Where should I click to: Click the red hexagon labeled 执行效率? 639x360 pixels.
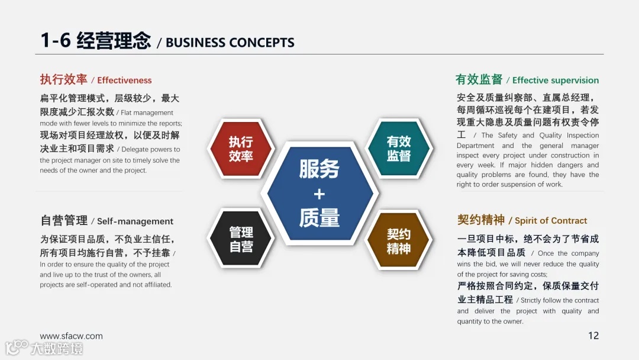pyautogui.click(x=241, y=149)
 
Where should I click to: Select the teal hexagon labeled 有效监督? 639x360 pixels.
pyautogui.click(x=398, y=149)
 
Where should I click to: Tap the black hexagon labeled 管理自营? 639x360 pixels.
pyautogui.click(x=241, y=239)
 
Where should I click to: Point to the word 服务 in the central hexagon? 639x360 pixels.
pyautogui.click(x=319, y=169)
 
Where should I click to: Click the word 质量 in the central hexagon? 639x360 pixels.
pyautogui.click(x=319, y=218)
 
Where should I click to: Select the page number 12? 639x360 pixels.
pyautogui.click(x=593, y=336)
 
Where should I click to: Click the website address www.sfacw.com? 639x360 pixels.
pyautogui.click(x=71, y=336)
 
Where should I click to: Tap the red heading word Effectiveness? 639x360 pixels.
pyautogui.click(x=124, y=81)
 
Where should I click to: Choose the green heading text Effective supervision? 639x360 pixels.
pyautogui.click(x=556, y=81)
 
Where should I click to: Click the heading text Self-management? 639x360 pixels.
pyautogui.click(x=135, y=221)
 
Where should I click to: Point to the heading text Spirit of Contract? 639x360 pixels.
pyautogui.click(x=551, y=221)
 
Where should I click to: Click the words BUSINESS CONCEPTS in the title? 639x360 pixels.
pyautogui.click(x=230, y=43)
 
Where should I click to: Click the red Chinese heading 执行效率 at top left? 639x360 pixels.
pyautogui.click(x=63, y=79)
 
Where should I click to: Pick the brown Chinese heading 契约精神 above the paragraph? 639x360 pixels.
pyautogui.click(x=480, y=220)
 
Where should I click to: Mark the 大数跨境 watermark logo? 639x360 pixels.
pyautogui.click(x=44, y=348)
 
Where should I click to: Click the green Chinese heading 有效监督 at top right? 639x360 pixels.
pyautogui.click(x=479, y=79)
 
